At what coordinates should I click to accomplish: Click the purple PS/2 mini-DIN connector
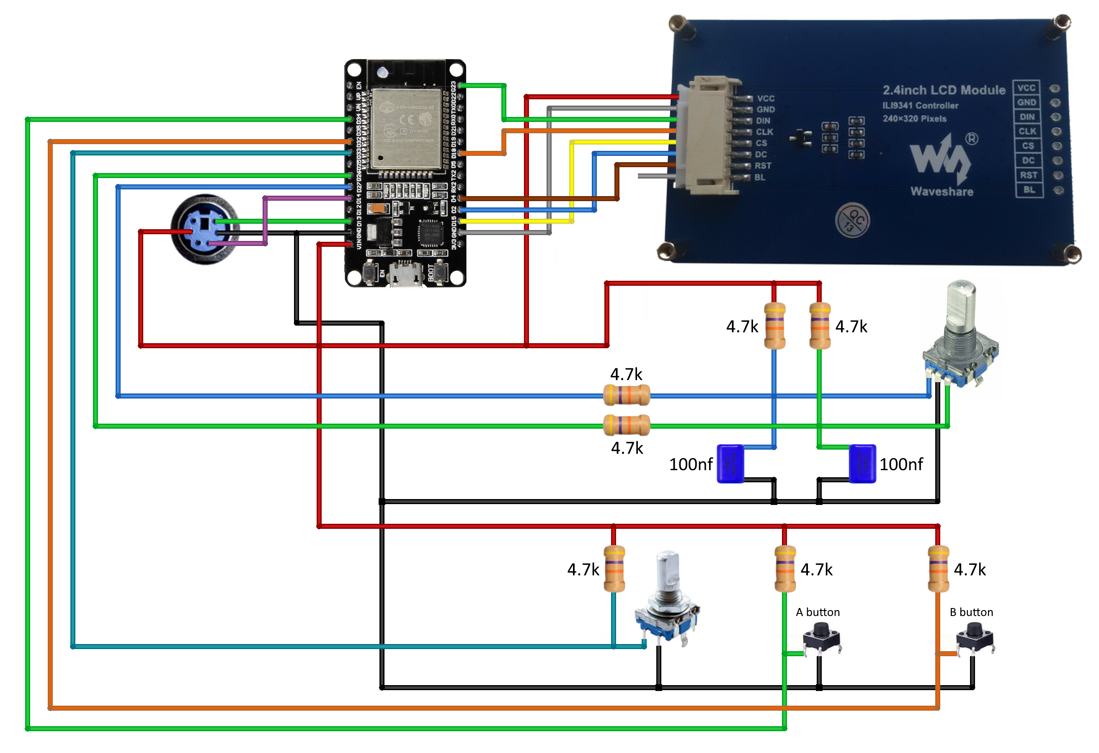(x=205, y=229)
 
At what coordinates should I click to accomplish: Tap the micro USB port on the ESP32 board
(x=405, y=274)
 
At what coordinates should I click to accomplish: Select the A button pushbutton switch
(x=822, y=639)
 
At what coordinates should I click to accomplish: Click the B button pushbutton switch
(x=975, y=639)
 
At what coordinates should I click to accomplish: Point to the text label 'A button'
(x=818, y=612)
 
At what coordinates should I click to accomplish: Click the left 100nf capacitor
(x=730, y=463)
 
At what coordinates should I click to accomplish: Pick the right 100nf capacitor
(x=862, y=463)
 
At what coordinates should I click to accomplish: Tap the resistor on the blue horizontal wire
(x=627, y=396)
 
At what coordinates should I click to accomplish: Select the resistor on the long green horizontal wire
(x=627, y=425)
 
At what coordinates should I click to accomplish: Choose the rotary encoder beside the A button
(x=667, y=601)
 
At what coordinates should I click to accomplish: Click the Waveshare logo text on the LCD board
(x=942, y=191)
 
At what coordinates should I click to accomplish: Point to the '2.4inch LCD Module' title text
(x=944, y=90)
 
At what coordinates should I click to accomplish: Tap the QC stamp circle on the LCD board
(x=852, y=220)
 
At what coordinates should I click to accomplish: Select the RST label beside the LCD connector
(x=763, y=166)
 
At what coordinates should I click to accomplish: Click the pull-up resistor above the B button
(x=938, y=569)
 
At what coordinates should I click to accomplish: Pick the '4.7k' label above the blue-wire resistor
(x=626, y=374)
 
